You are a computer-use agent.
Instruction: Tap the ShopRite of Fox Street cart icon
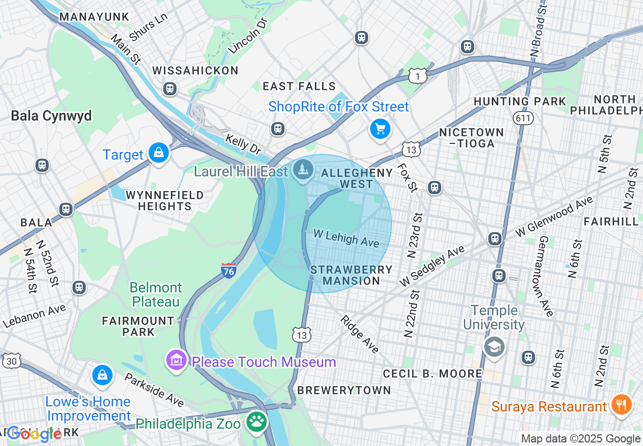(x=380, y=129)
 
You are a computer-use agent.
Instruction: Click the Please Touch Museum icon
(x=176, y=360)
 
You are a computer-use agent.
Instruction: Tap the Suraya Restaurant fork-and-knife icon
(x=620, y=405)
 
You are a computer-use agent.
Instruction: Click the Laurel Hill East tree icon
(x=303, y=169)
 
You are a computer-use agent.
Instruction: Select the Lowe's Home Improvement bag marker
(x=102, y=376)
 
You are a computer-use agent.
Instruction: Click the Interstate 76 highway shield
(x=229, y=270)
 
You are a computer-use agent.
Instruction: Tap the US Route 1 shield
(x=416, y=76)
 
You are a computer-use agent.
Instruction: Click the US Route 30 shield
(x=12, y=361)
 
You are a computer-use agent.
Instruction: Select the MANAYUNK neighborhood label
(x=94, y=17)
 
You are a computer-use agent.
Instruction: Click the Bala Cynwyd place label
(x=51, y=116)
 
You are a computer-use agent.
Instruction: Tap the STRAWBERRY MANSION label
(x=351, y=275)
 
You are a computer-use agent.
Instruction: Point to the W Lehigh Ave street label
(x=346, y=238)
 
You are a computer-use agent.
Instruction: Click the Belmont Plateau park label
(x=156, y=294)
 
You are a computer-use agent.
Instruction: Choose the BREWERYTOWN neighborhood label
(x=344, y=390)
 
